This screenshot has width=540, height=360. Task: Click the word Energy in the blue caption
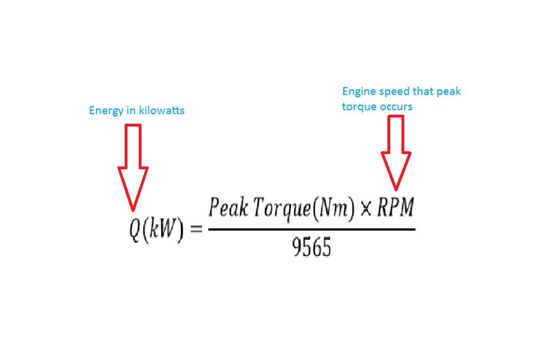click(x=106, y=111)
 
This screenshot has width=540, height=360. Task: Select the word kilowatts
click(x=162, y=110)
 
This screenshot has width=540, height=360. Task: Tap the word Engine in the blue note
click(x=359, y=92)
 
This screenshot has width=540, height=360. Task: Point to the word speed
click(x=394, y=92)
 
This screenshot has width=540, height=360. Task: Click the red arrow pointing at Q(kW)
click(x=133, y=168)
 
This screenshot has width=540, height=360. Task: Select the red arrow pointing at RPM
click(x=396, y=153)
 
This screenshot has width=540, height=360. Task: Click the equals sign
click(x=196, y=229)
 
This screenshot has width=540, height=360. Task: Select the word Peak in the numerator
click(x=228, y=207)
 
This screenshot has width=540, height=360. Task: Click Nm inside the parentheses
click(x=333, y=207)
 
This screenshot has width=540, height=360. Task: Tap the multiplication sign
click(x=366, y=208)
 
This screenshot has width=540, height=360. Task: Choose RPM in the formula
click(x=396, y=207)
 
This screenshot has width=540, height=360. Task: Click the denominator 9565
click(x=311, y=246)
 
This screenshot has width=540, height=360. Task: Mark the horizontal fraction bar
click(x=312, y=230)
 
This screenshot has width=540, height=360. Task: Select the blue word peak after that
click(x=449, y=92)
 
